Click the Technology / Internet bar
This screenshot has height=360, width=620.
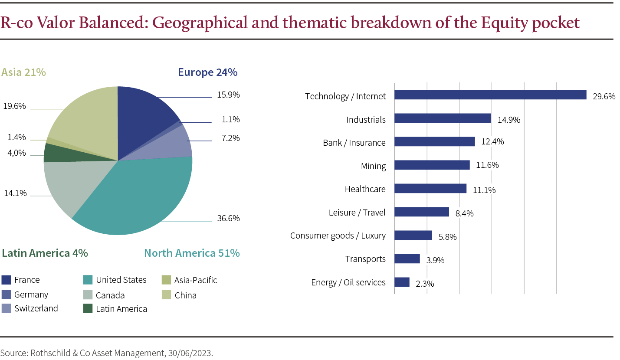(490, 95)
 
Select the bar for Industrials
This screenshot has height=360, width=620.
(443, 118)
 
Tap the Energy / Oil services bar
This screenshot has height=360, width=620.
(402, 282)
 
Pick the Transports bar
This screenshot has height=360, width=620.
(407, 259)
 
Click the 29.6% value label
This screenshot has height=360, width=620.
(604, 97)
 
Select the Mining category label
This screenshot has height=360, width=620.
(373, 166)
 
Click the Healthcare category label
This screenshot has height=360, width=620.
(365, 189)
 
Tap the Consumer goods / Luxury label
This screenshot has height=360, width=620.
(338, 236)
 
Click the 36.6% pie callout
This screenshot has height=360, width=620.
(228, 218)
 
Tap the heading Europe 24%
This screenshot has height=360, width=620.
(207, 72)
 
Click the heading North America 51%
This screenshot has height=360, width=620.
(192, 253)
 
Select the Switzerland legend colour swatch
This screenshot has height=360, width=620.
(6, 308)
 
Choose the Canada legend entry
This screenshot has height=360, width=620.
(110, 295)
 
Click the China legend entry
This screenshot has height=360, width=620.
(185, 295)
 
